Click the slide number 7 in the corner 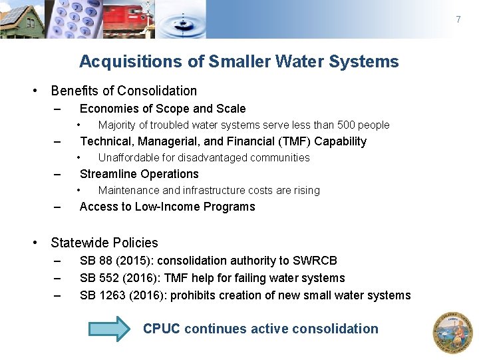click(x=458, y=19)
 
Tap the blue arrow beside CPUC click(x=110, y=329)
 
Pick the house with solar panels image click(x=21, y=19)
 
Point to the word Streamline click(x=108, y=174)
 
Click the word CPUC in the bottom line click(x=162, y=329)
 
